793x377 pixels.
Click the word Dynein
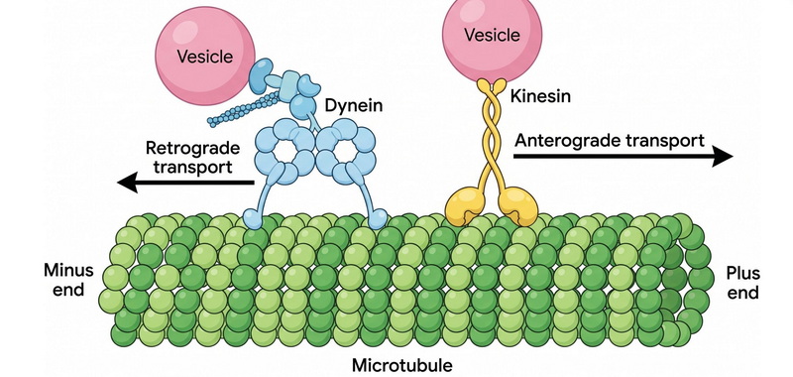[353, 106]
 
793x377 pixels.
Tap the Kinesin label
[540, 95]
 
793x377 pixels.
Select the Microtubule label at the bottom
[402, 365]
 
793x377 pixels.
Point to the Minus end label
[68, 280]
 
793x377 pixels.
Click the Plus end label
[742, 283]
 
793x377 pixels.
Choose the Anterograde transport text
[610, 140]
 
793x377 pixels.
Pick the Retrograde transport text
[192, 158]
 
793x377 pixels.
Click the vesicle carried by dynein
[205, 56]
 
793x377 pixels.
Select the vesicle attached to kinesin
[492, 35]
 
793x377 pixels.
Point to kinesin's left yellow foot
[465, 205]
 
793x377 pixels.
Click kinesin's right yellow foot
[517, 205]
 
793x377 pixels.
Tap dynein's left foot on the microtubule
[253, 219]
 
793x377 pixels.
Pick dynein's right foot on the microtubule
[378, 219]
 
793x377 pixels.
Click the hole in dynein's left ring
[284, 149]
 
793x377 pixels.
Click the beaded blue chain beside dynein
[245, 109]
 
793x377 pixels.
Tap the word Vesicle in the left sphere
[205, 57]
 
